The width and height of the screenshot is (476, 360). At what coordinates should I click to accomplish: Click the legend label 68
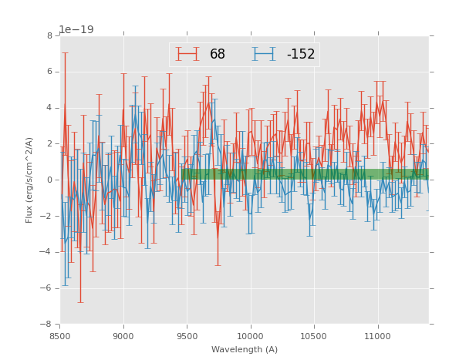pyautogui.click(x=218, y=55)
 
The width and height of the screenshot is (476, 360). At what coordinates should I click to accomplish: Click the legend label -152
pyautogui.click(x=301, y=55)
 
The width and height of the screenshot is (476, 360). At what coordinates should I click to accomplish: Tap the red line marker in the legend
pyautogui.click(x=187, y=55)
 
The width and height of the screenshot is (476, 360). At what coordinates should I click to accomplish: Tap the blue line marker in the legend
pyautogui.click(x=264, y=55)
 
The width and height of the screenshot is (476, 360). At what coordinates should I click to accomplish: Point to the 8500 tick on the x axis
pyautogui.click(x=60, y=337)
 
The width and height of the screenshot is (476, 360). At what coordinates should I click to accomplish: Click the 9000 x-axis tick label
pyautogui.click(x=123, y=337)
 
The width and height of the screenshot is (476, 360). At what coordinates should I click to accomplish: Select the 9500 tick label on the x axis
pyautogui.click(x=187, y=337)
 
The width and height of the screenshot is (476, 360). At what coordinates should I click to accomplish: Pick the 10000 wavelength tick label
pyautogui.click(x=251, y=337)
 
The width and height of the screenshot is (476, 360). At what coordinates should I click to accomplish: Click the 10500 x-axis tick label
pyautogui.click(x=314, y=337)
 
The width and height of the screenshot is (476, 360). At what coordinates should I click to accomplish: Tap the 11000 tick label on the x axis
pyautogui.click(x=377, y=337)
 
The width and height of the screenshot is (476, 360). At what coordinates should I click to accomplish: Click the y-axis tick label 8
pyautogui.click(x=49, y=36)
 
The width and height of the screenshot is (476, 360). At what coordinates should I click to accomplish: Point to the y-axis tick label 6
pyautogui.click(x=49, y=72)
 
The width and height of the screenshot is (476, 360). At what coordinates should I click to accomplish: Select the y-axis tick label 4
pyautogui.click(x=49, y=108)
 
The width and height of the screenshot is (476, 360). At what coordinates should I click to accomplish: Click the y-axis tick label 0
pyautogui.click(x=49, y=180)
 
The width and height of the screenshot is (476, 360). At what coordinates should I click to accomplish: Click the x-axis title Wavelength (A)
pyautogui.click(x=244, y=350)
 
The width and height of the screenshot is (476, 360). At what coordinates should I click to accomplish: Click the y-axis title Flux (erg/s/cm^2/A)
pyautogui.click(x=29, y=180)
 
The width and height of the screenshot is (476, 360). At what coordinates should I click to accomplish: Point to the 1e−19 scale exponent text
pyautogui.click(x=76, y=30)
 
